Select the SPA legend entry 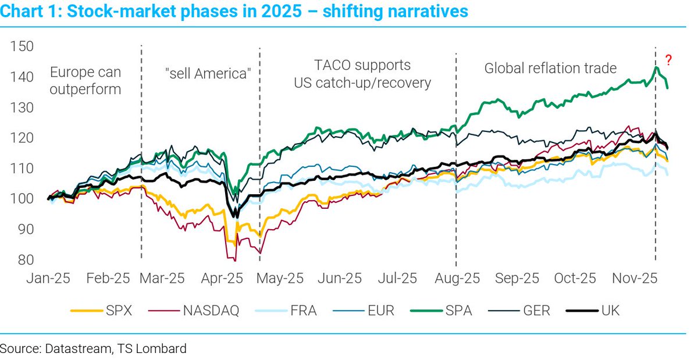458,311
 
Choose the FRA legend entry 304,311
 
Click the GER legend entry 536,311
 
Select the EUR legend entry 381,311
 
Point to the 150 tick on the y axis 22,47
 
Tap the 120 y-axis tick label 22,138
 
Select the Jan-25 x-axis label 48,279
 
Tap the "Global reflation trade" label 550,68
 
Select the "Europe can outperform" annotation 86,81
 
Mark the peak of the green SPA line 656,67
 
